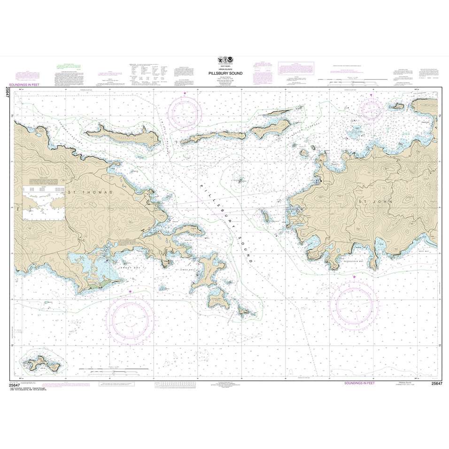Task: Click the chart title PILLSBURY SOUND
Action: (x=224, y=74)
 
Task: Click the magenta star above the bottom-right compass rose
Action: (x=354, y=278)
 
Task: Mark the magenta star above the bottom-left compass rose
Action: (x=131, y=292)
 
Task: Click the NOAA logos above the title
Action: (x=224, y=60)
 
